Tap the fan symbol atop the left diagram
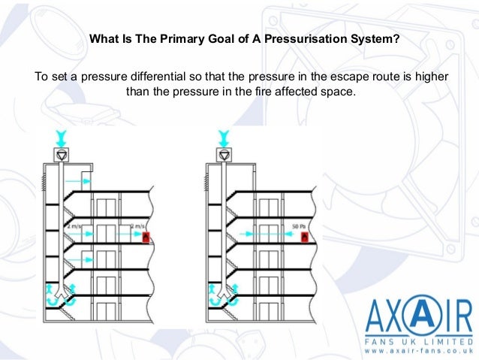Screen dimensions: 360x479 [x=62, y=156]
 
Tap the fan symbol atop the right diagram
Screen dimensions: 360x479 [x=224, y=156]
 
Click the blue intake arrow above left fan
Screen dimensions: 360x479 [x=62, y=138]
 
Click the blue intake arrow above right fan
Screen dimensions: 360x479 [x=224, y=138]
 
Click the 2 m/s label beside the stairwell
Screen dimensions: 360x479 [x=76, y=225]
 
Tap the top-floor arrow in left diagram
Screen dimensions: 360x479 [x=78, y=181]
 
